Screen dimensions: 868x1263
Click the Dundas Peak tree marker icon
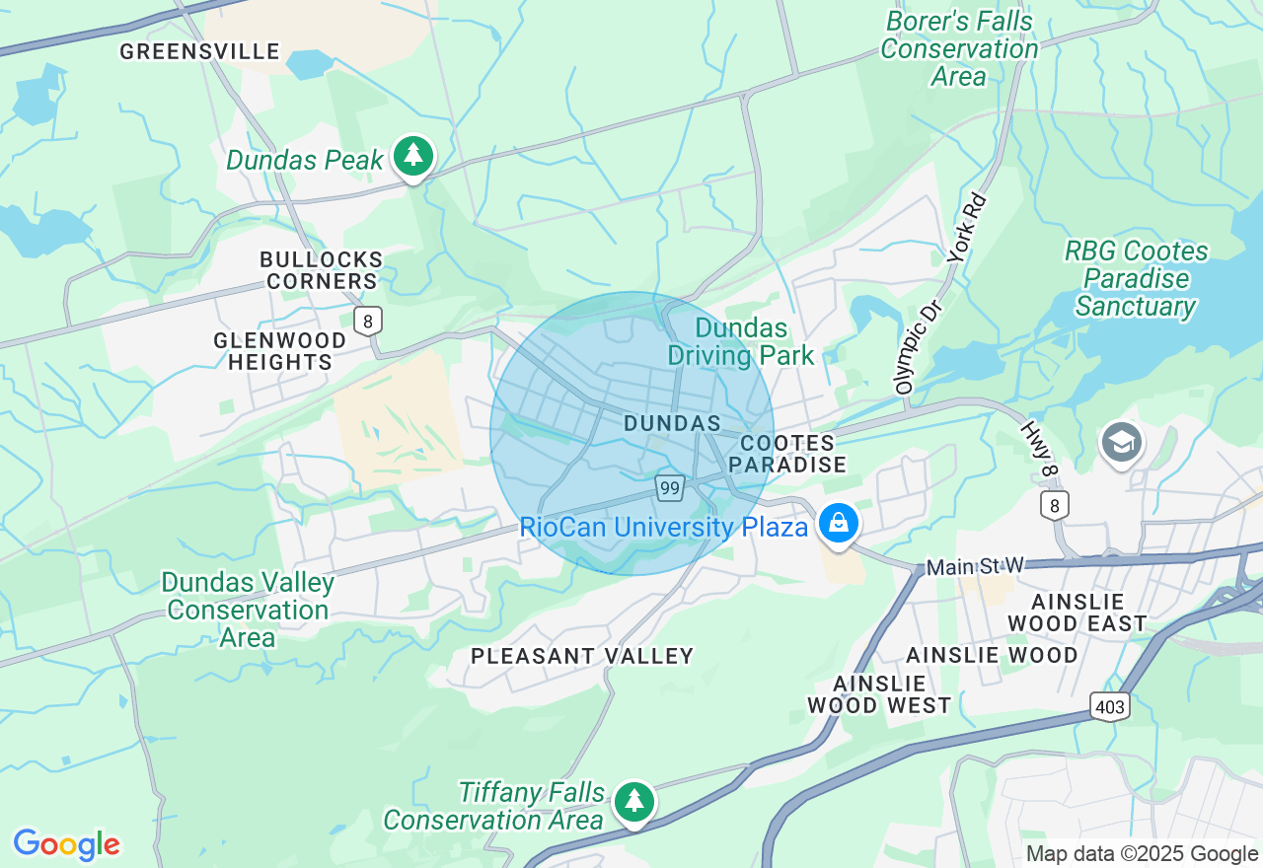412,156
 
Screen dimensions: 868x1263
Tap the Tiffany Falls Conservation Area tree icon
632,801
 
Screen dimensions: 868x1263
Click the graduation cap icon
1122,443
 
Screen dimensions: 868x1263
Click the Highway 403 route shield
1110,705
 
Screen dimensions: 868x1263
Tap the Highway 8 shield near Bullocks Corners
368,321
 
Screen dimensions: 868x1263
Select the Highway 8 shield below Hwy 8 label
1054,505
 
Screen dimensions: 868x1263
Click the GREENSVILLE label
200,51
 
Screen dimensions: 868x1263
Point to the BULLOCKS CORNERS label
321,270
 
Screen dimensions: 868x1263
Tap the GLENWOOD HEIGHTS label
280,351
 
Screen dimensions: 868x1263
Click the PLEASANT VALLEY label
582,656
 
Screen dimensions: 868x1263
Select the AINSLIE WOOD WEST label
879,694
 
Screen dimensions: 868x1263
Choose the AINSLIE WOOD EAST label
1077,612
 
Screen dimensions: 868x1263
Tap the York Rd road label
967,228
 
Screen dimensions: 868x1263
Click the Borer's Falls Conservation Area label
959,48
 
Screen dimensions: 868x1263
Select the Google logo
66,844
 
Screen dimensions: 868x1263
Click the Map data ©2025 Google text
1142,854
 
